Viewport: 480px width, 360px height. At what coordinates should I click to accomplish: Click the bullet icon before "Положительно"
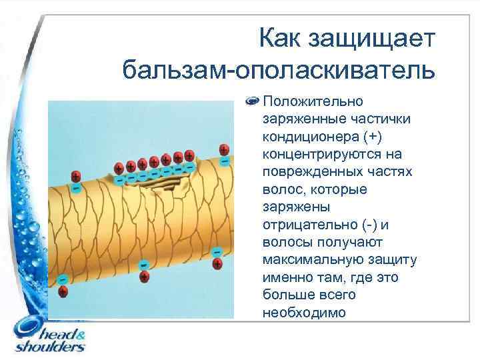pos(253,102)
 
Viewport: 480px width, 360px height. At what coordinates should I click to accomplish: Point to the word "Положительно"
pos(313,102)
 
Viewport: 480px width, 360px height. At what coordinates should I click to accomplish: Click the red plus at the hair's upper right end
pos(225,149)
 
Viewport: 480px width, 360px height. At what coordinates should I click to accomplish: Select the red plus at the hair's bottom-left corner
pos(63,291)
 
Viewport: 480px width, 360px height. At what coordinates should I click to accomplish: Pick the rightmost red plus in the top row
pos(189,155)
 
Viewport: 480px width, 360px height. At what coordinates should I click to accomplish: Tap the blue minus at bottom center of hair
pos(143,265)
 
